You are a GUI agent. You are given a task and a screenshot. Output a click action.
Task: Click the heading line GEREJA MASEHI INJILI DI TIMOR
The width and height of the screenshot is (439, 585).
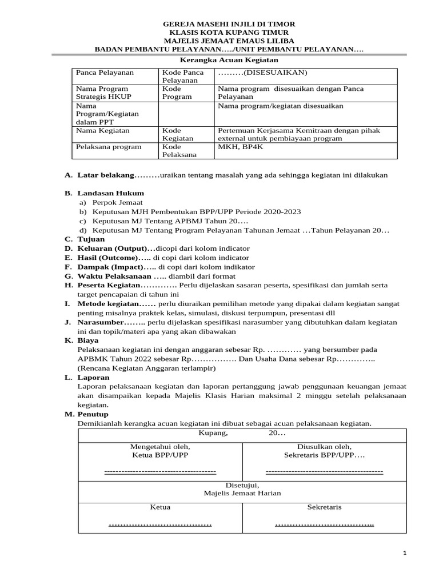click(229, 25)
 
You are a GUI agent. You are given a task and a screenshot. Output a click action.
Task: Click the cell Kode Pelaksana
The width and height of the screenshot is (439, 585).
click(179, 150)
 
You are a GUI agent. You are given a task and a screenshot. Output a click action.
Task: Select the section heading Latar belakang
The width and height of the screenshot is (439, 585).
click(106, 175)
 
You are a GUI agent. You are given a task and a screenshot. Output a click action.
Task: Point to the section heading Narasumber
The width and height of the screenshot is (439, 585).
click(99, 322)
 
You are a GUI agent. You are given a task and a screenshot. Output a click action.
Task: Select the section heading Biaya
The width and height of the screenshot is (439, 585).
click(88, 340)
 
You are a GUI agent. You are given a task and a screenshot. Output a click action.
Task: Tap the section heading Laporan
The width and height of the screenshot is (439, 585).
click(91, 377)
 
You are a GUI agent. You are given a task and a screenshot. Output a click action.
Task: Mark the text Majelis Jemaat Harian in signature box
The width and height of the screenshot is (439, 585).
click(242, 493)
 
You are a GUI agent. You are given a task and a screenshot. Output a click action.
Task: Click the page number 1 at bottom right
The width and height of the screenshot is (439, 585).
click(405, 553)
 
